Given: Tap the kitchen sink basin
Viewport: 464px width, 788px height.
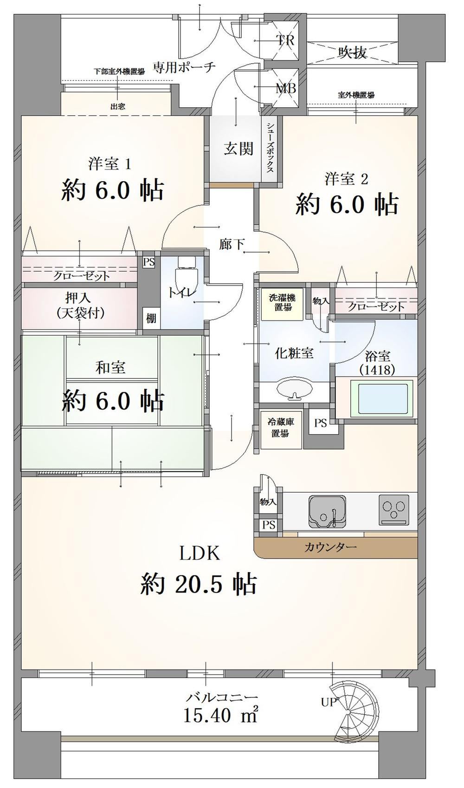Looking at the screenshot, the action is [327, 512].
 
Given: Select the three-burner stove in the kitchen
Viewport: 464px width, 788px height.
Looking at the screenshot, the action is [393, 509].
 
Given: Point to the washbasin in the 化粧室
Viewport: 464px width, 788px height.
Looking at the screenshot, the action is [295, 389].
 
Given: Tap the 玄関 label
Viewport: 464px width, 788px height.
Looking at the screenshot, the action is [239, 149].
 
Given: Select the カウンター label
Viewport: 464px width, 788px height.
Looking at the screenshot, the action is [331, 547].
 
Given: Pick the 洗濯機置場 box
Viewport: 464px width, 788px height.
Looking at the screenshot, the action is [282, 303].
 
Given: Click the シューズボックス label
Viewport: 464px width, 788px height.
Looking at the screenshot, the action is [270, 148].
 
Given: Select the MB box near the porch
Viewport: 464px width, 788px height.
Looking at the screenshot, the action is [285, 88].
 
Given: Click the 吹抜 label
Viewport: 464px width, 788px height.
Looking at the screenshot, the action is [353, 52].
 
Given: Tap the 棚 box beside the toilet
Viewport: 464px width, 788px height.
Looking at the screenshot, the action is [151, 319].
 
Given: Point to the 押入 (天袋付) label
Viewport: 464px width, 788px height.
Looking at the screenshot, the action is [80, 306].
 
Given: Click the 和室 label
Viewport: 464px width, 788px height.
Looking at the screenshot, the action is [110, 368].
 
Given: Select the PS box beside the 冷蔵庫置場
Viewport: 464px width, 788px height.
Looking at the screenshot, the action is [320, 423].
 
